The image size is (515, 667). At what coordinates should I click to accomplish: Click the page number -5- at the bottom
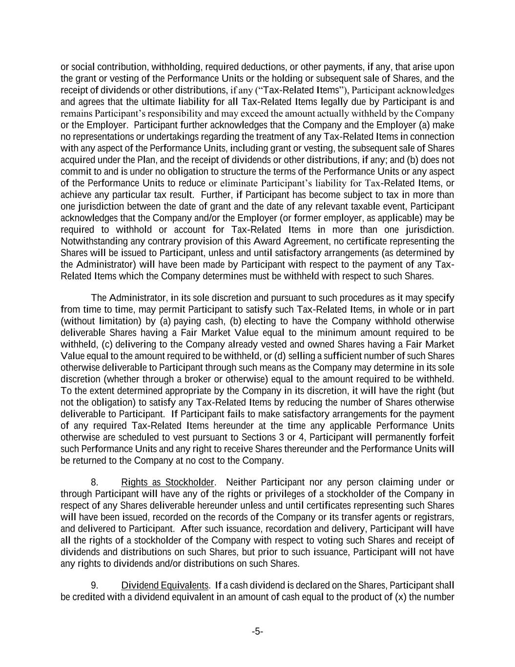(x=257, y=631)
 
